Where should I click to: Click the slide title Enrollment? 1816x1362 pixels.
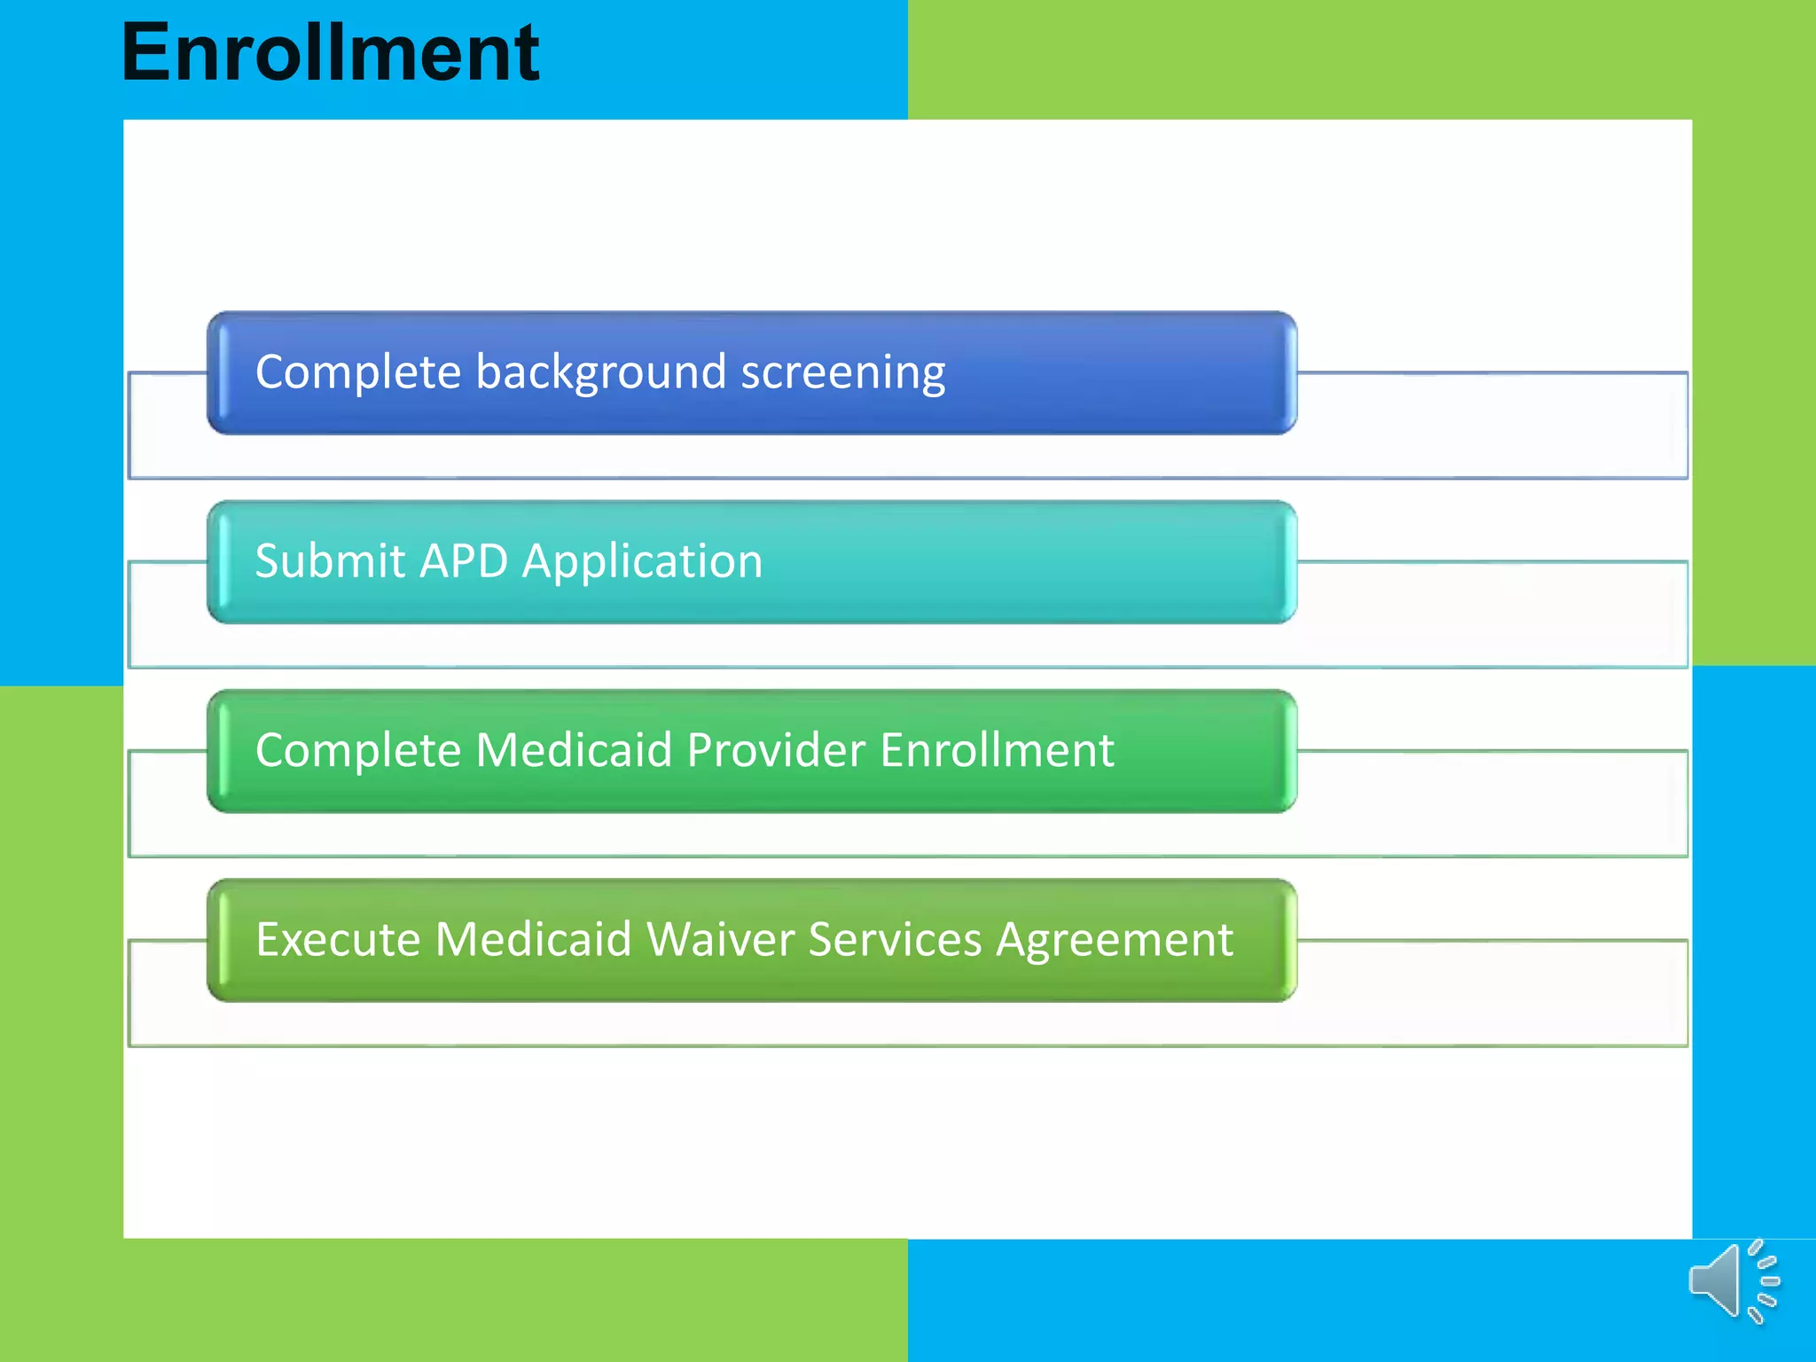point(330,53)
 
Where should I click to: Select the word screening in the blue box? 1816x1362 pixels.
point(842,372)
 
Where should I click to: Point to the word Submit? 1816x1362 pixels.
point(330,561)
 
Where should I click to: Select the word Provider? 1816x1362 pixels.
point(775,750)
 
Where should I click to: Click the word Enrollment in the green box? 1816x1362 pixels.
point(997,750)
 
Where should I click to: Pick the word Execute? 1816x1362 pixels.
point(337,940)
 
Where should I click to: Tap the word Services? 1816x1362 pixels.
point(895,940)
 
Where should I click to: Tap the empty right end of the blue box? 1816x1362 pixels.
point(1153,372)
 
